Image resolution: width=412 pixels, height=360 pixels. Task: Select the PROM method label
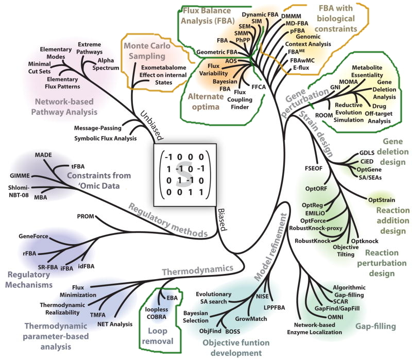coord(85,216)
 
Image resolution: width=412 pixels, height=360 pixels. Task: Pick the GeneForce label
coord(33,236)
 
